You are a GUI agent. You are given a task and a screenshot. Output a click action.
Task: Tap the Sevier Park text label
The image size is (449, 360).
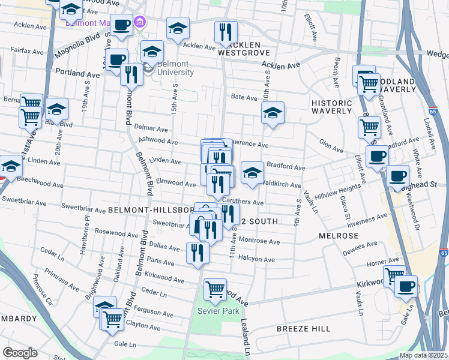click(218, 311)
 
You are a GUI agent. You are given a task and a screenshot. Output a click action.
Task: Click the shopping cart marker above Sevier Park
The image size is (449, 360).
click(215, 290)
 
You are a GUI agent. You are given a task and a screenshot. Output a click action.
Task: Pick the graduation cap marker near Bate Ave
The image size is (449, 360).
click(273, 113)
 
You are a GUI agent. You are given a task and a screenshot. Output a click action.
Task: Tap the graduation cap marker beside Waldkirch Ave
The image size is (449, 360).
click(252, 173)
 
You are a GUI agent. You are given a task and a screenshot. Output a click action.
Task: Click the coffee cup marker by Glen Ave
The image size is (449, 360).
click(377, 157)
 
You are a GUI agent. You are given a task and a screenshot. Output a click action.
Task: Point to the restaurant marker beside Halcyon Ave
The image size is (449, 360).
click(197, 253)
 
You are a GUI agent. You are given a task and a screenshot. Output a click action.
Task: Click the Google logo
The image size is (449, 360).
click(20, 353)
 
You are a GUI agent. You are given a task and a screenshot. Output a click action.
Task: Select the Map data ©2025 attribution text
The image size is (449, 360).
click(423, 355)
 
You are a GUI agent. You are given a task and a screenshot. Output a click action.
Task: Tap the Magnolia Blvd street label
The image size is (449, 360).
click(76, 46)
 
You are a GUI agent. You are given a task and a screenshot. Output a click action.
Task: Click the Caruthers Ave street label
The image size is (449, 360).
click(243, 202)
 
